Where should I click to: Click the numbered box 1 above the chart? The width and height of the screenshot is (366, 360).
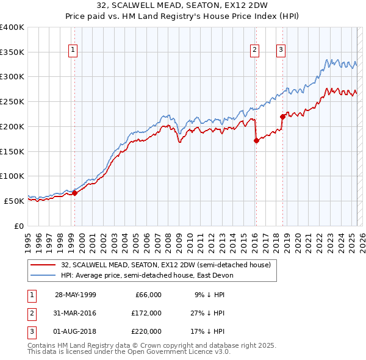click(x=73, y=50)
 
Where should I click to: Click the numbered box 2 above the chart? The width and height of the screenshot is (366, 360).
click(x=254, y=50)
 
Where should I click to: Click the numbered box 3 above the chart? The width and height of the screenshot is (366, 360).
click(x=281, y=50)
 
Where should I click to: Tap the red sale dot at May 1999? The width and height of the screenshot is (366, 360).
click(x=74, y=193)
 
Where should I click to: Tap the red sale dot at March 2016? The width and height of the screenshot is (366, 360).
click(x=256, y=140)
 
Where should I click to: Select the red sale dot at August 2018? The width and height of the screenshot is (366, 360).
click(x=282, y=117)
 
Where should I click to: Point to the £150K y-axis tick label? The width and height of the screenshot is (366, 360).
click(x=12, y=151)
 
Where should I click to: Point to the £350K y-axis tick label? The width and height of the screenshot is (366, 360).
click(x=12, y=52)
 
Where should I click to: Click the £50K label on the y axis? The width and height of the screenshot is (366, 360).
click(x=15, y=200)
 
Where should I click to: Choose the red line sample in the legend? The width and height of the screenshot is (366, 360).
click(x=43, y=265)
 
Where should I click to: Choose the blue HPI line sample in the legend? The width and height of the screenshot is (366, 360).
click(x=43, y=275)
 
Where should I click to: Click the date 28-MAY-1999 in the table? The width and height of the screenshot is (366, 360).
click(x=76, y=295)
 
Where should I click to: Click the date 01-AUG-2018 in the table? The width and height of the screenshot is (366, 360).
click(x=76, y=331)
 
